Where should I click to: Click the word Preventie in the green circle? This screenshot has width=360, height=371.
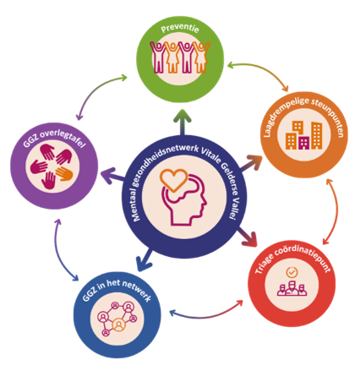click(180, 28)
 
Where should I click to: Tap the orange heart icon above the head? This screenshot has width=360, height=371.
click(174, 180)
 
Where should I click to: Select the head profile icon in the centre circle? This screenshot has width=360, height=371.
click(184, 200)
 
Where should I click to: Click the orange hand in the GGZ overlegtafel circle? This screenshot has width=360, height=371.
click(64, 173)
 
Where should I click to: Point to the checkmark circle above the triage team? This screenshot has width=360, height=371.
click(292, 272)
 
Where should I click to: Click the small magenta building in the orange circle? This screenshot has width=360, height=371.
click(304, 143)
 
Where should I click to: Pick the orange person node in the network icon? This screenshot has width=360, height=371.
click(119, 325)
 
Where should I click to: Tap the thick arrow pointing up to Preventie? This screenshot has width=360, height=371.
click(183, 123)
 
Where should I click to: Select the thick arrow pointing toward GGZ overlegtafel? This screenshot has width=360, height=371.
click(112, 176)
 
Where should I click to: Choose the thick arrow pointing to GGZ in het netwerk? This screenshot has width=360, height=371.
click(145, 260)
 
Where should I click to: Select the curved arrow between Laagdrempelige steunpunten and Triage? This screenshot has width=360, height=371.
click(335, 211)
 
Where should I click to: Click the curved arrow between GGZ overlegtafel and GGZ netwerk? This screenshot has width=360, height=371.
click(60, 254)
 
